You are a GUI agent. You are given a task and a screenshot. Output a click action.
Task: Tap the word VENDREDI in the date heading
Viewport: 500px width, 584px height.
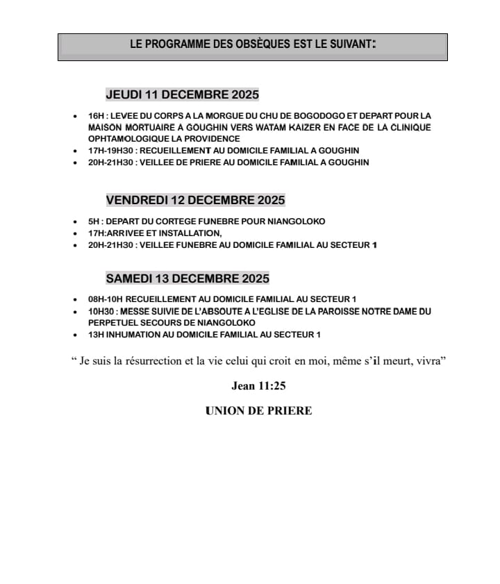coord(137,200)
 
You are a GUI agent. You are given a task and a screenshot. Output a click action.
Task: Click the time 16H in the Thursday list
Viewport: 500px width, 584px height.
coord(95,115)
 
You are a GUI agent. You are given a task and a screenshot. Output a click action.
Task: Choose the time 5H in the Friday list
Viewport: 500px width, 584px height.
coord(93,222)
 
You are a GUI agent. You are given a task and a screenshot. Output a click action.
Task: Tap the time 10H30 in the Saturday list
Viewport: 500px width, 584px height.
coord(99,312)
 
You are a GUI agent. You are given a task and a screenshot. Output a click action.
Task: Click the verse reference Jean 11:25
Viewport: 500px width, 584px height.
coord(258,386)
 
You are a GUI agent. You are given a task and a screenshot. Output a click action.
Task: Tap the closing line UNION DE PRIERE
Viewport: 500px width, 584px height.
coord(258,410)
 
